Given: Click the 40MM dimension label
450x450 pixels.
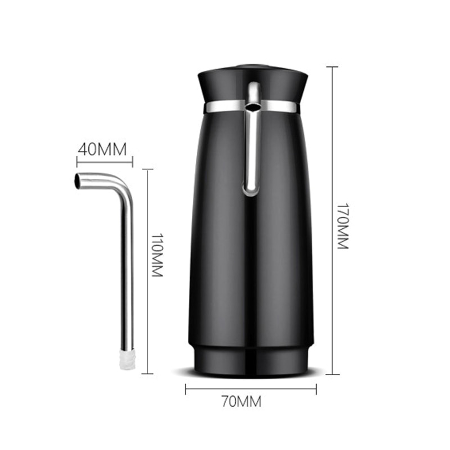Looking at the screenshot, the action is point(102,149).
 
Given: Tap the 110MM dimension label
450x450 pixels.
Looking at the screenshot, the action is point(157,255).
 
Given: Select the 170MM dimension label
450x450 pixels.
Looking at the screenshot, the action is point(343,227).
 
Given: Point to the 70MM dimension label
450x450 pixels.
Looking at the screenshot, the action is point(241,401).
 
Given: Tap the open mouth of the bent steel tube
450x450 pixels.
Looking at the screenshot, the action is point(78,181).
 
